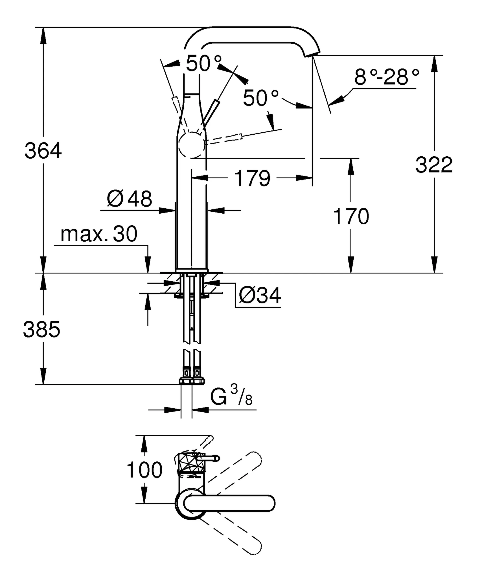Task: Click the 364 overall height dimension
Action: pyautogui.click(x=43, y=151)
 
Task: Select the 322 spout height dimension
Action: pyautogui.click(x=434, y=165)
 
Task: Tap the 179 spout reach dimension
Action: pyautogui.click(x=252, y=178)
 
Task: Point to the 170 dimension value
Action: pyautogui.click(x=351, y=216)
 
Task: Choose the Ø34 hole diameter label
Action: pyautogui.click(x=260, y=295)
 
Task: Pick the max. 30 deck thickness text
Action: pyautogui.click(x=99, y=234)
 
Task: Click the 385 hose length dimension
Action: pyautogui.click(x=42, y=330)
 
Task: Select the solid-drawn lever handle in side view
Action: pyautogui.click(x=211, y=111)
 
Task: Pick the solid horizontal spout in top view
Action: pyautogui.click(x=229, y=503)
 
